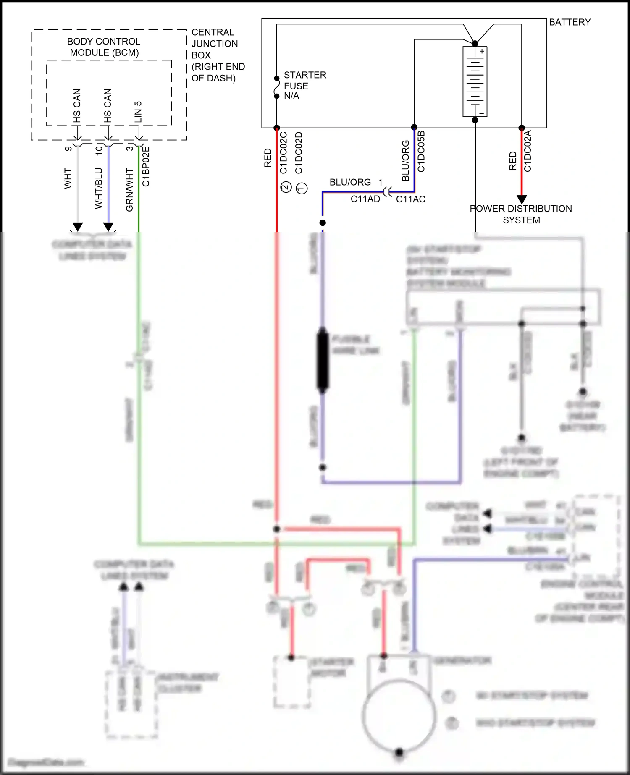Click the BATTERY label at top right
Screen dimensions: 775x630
point(570,22)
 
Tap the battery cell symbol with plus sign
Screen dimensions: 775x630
point(475,81)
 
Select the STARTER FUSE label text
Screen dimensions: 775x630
point(304,81)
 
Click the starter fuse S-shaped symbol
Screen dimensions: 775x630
point(276,87)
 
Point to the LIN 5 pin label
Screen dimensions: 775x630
point(138,112)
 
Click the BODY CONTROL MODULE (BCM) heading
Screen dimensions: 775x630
point(104,47)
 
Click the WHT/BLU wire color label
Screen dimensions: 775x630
point(99,188)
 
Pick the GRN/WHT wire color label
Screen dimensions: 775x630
point(129,190)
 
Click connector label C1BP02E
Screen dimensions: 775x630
point(146,166)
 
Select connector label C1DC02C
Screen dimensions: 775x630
point(283,153)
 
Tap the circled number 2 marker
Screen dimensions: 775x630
point(286,187)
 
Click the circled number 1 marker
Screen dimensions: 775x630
point(302,188)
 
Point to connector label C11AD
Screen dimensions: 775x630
point(365,199)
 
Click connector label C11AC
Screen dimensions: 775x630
point(410,199)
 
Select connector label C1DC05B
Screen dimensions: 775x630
point(421,152)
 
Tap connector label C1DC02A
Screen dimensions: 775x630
point(528,151)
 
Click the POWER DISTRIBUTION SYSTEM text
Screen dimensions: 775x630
point(521,214)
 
